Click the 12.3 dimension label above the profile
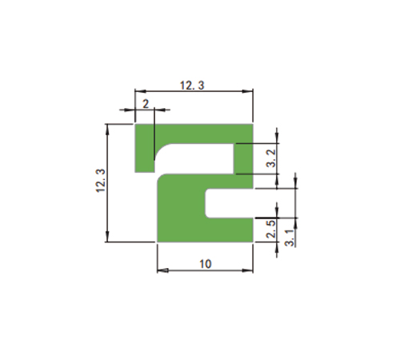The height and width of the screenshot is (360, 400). [192, 86]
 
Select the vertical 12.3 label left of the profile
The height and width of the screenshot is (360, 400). [101, 181]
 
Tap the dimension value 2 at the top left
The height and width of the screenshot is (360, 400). [146, 104]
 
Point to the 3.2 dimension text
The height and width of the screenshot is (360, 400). [271, 158]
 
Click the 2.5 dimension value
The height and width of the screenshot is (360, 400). [271, 229]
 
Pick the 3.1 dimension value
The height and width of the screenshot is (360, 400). [290, 238]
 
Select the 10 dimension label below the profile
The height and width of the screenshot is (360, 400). [206, 264]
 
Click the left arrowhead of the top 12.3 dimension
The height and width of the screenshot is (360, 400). [140, 91]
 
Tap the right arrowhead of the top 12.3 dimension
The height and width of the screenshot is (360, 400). [247, 91]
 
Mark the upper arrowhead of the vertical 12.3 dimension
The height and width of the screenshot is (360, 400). [107, 130]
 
